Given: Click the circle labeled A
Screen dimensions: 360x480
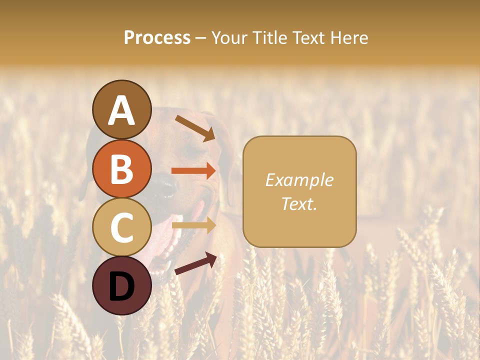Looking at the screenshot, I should [x=122, y=109].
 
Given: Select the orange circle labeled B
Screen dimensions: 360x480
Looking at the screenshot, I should [x=122, y=168].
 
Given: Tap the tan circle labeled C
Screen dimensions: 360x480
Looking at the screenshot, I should [x=122, y=227].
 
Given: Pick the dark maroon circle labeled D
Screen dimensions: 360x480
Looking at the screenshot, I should [x=122, y=285].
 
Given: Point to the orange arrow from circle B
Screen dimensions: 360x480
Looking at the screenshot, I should [x=193, y=171].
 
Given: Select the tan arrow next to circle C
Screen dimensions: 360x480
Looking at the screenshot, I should [x=193, y=225].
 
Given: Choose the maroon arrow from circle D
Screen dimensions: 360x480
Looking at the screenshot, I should [x=195, y=263].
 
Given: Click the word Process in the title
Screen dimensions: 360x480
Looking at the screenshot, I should [x=157, y=37].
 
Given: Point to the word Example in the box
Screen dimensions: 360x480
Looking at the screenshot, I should [x=299, y=180].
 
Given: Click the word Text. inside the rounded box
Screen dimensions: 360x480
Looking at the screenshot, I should [x=299, y=203].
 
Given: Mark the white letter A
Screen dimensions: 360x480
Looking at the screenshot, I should [x=122, y=110].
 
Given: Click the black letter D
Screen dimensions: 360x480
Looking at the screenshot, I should [x=122, y=286].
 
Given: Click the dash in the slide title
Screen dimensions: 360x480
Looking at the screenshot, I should [x=201, y=38].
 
